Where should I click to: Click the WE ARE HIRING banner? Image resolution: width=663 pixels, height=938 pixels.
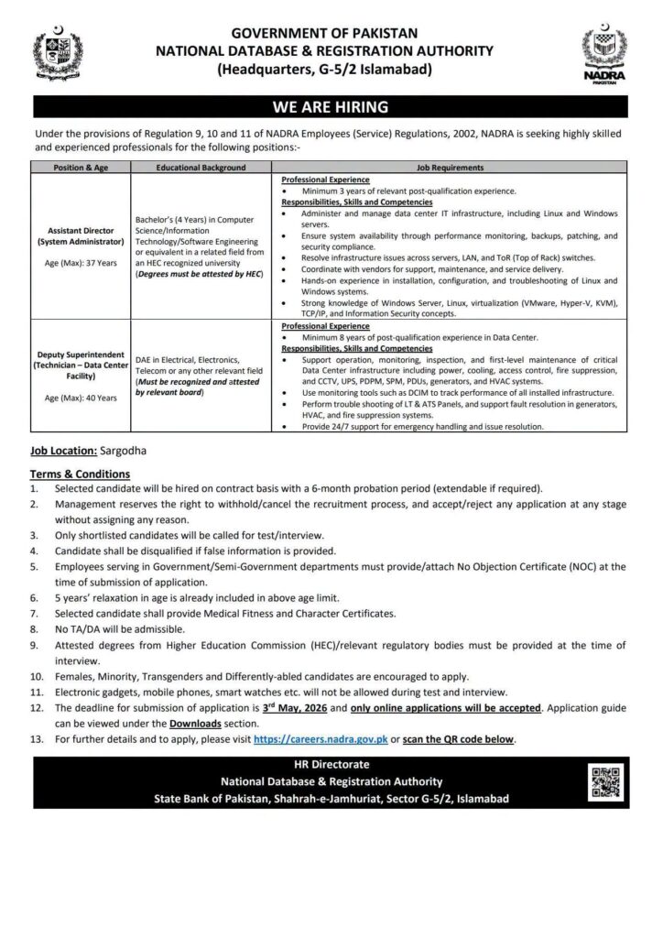coord(331,106)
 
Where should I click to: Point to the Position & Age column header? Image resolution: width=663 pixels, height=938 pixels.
coord(81,168)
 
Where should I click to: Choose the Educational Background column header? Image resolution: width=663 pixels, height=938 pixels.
coord(201,168)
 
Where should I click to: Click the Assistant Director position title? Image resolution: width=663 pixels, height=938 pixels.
coord(81,236)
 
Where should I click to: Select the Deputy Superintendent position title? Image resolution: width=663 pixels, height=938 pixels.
coord(81,364)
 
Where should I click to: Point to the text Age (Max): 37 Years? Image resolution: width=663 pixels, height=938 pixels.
coord(81,261)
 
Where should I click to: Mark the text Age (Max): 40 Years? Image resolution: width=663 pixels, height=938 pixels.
coord(81,398)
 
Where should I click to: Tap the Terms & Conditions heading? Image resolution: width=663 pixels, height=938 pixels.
coord(80,474)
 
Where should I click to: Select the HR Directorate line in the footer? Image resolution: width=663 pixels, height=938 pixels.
coord(331,765)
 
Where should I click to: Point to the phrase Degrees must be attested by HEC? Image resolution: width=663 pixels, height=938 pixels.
coord(199,274)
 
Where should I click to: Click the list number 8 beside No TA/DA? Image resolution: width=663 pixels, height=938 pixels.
coord(34,629)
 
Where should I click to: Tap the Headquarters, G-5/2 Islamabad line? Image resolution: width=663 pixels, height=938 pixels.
coord(325,69)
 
